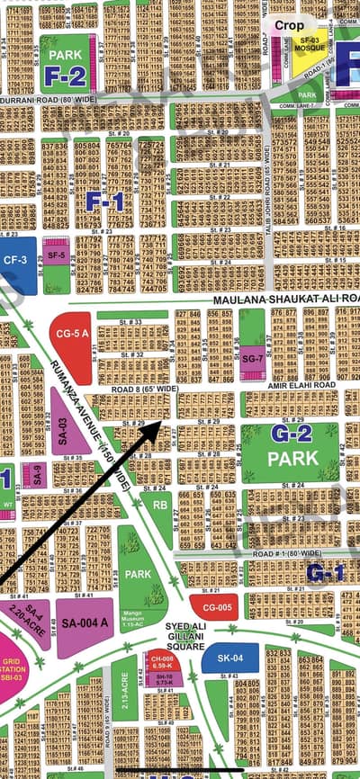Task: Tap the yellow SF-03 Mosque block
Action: pos(310,45)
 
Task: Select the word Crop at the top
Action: pos(289,26)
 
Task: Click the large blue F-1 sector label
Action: pos(104,201)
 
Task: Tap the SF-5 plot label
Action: pos(56,255)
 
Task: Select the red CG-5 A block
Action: pos(71,335)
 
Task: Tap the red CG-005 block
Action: pos(213,607)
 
